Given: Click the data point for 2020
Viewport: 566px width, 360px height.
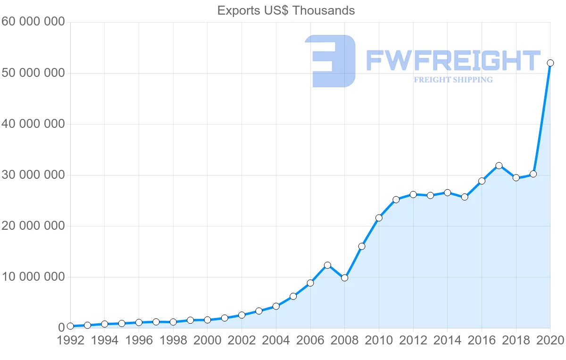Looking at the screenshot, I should [x=550, y=63].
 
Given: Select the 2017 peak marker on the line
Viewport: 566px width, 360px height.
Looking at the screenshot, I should [x=499, y=166].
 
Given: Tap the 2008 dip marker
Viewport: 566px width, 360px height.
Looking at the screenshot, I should [x=344, y=278].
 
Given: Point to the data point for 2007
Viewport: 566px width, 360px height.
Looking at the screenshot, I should [x=327, y=265].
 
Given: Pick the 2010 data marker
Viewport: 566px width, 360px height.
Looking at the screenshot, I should [x=379, y=218].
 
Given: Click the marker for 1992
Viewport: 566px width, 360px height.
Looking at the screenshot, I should [x=70, y=326].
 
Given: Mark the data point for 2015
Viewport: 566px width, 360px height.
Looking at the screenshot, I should [x=465, y=197].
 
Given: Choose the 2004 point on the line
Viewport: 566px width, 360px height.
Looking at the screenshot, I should [x=276, y=306].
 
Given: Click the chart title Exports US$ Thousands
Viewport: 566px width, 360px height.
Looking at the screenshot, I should [x=286, y=10].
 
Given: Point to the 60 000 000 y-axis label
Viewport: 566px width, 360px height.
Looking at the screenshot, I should [x=33, y=22].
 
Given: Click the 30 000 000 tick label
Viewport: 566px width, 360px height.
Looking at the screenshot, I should [x=33, y=175].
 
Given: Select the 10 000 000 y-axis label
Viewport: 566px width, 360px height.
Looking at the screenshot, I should [x=33, y=277].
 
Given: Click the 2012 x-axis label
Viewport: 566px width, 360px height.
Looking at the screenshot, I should [x=413, y=341].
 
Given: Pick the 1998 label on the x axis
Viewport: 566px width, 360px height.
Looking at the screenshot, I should [x=173, y=341].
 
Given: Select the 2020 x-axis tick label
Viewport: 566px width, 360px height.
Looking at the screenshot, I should [x=550, y=341].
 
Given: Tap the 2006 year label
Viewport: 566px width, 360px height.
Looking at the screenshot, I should [x=310, y=341].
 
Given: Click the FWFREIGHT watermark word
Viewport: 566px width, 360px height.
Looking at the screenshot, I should [x=453, y=61].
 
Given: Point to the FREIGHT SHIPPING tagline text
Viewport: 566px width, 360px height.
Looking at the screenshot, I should [x=453, y=80].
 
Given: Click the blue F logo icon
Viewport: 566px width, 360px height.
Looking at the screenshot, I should [x=330, y=61].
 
